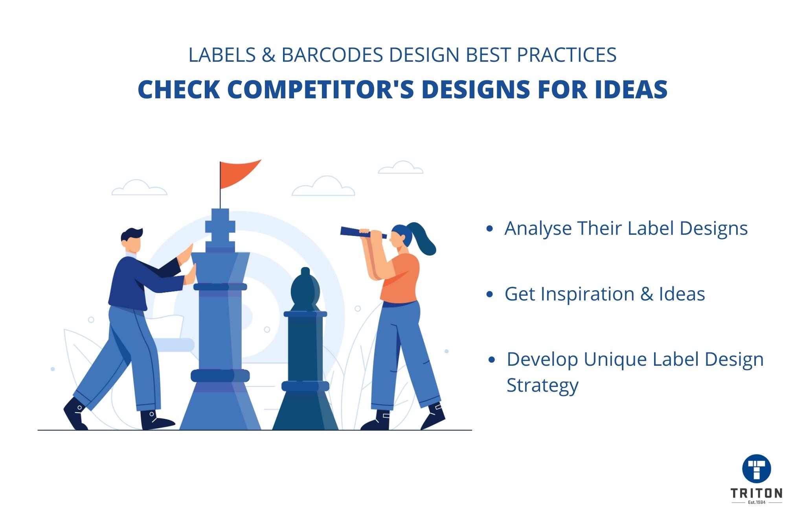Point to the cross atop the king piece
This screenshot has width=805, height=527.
(x=220, y=226)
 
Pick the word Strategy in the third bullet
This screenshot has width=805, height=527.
(x=542, y=385)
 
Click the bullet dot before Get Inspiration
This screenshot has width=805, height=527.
(x=489, y=295)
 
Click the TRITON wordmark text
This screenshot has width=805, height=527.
(x=756, y=493)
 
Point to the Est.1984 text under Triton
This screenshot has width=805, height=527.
(x=756, y=503)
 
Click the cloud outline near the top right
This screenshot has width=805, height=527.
(x=401, y=168)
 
